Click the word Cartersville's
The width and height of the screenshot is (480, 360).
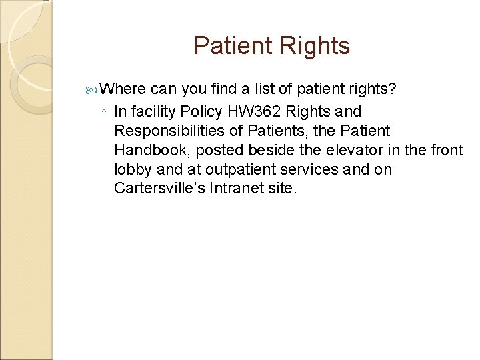(159, 188)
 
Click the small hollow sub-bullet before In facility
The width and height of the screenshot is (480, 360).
(104, 111)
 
